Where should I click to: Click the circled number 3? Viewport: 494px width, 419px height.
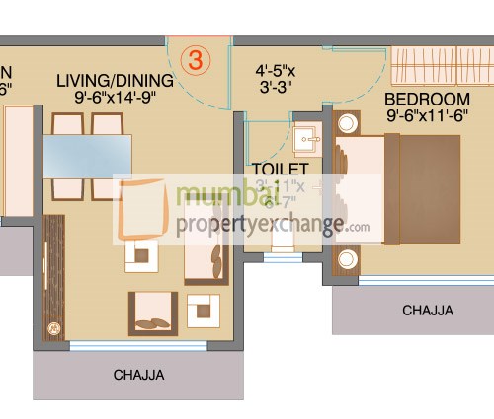tap(195, 59)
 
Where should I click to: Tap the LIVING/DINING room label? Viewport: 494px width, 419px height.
tap(107, 80)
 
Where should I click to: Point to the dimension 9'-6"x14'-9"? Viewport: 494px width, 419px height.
tap(108, 97)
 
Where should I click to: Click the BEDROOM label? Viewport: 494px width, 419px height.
tap(427, 100)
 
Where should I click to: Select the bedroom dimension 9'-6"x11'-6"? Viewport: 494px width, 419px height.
tap(428, 116)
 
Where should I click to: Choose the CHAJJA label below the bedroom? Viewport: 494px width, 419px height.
tap(427, 311)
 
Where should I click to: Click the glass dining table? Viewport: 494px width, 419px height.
tap(87, 156)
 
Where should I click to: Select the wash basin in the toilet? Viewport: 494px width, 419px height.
tap(307, 138)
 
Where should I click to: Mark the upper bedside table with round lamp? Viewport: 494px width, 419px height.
tap(348, 124)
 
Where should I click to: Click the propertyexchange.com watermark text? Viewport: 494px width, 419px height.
tap(273, 224)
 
